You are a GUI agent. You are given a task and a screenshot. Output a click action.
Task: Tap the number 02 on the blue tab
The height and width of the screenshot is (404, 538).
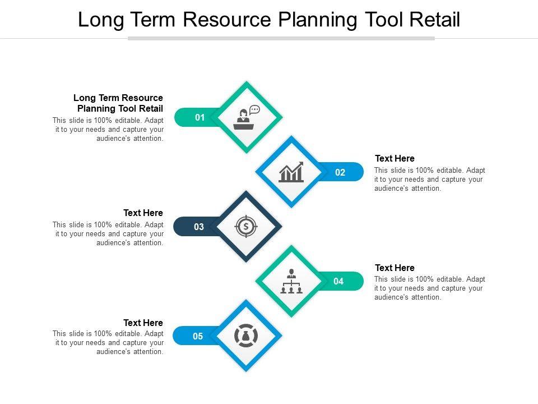pyautogui.click(x=340, y=172)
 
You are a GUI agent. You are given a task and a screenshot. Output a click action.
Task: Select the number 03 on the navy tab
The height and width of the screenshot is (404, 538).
pyautogui.click(x=199, y=227)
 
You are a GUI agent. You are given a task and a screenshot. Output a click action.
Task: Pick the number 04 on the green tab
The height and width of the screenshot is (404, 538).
pyautogui.click(x=338, y=282)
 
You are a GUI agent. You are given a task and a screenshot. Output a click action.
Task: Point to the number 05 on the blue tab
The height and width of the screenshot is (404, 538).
pyautogui.click(x=198, y=337)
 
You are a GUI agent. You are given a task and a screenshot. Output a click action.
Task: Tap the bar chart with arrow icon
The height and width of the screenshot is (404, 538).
pyautogui.click(x=291, y=172)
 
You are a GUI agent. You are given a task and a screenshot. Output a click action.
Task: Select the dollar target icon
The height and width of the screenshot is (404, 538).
pyautogui.click(x=245, y=227)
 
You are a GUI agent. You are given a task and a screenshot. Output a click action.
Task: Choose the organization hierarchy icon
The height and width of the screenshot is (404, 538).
pyautogui.click(x=291, y=281)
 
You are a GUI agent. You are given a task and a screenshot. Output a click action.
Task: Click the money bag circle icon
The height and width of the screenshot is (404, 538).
pyautogui.click(x=245, y=336)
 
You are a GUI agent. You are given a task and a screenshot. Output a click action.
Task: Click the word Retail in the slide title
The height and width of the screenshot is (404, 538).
pyautogui.click(x=434, y=20)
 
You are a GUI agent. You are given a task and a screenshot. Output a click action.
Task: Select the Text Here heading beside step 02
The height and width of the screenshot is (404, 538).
pyautogui.click(x=395, y=159)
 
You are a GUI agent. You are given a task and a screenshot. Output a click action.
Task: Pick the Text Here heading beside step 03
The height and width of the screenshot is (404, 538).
pyautogui.click(x=143, y=213)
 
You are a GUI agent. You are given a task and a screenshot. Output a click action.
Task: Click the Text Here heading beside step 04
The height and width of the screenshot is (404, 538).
pyautogui.click(x=395, y=268)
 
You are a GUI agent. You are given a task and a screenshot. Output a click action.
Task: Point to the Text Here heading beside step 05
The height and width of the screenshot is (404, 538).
pyautogui.click(x=143, y=323)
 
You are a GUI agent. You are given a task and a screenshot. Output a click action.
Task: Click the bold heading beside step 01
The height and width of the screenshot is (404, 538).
pyautogui.click(x=119, y=103)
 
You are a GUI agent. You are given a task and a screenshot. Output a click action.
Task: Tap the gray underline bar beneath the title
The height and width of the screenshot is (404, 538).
pyautogui.click(x=281, y=39)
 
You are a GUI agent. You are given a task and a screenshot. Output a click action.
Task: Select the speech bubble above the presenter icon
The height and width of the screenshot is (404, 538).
pyautogui.click(x=255, y=109)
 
